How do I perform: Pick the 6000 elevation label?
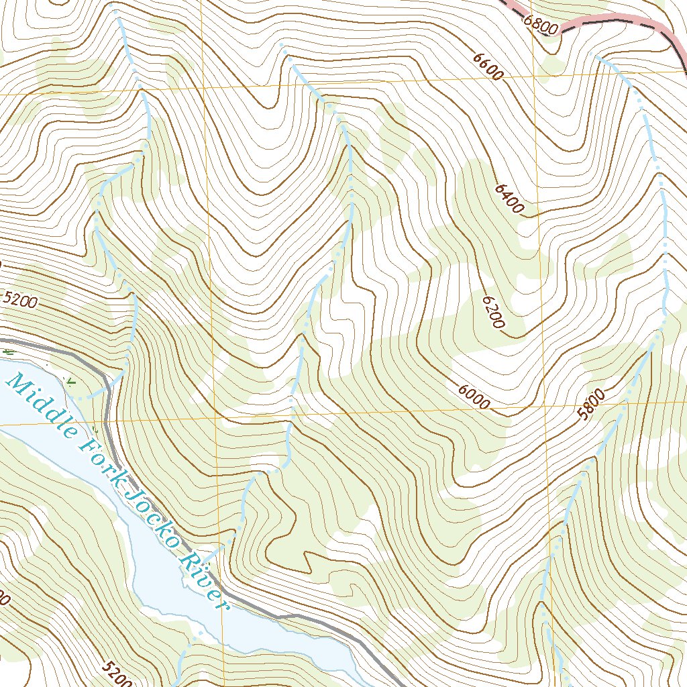pos(474,397)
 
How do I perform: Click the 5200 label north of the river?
pos(20,299)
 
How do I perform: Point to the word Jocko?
pos(152,513)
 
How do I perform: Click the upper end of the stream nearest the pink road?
pos(597,57)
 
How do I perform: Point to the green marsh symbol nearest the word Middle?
pos(71,382)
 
